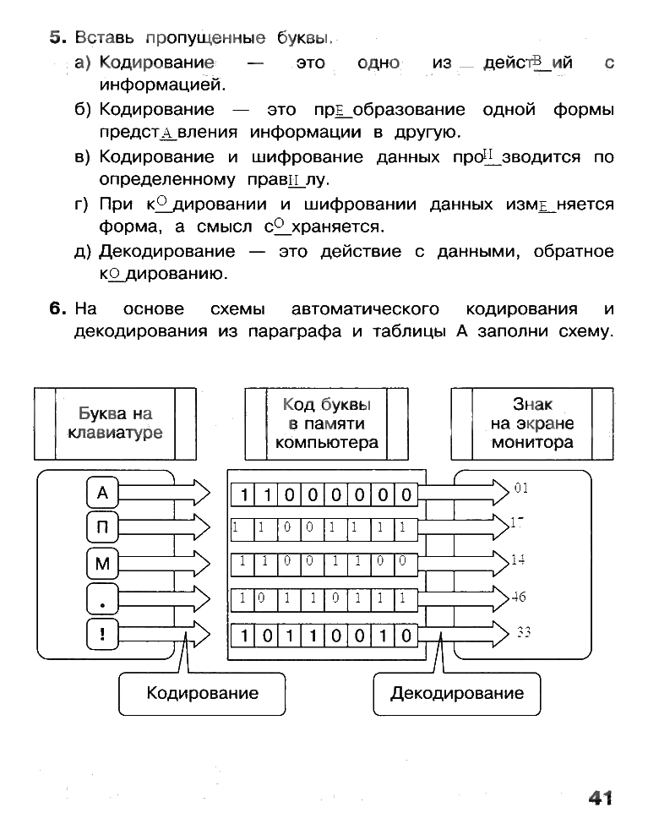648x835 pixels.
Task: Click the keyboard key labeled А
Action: click(103, 493)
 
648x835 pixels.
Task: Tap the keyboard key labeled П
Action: click(103, 528)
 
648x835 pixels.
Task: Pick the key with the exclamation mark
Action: click(103, 634)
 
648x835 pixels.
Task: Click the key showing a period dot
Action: click(103, 599)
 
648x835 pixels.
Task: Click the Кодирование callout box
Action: click(202, 694)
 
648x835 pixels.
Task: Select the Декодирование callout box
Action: click(456, 694)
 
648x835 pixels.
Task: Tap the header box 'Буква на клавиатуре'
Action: click(115, 423)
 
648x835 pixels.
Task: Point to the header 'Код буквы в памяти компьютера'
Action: click(326, 423)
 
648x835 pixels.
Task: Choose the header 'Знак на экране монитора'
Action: click(532, 423)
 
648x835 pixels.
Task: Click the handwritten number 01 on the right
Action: click(520, 488)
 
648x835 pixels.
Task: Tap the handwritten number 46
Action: click(518, 597)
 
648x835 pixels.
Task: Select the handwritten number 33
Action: click(523, 631)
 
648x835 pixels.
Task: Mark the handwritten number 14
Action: click(518, 559)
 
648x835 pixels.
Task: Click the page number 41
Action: click(596, 797)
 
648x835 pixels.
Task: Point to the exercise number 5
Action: click(57, 38)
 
